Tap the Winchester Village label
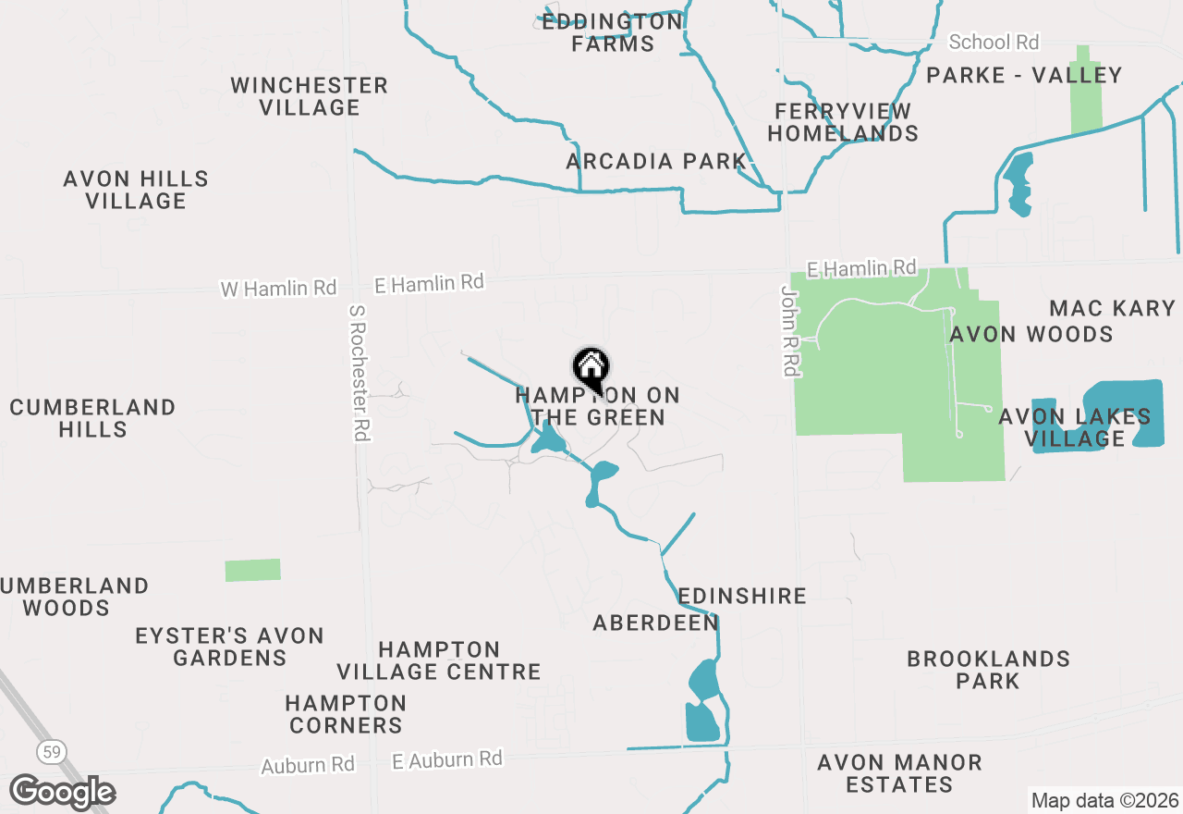coord(309,96)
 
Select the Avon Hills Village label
coord(136,190)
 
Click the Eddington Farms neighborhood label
coord(612,32)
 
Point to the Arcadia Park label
coord(656,162)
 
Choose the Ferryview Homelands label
coord(843,122)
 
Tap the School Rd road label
coord(994,43)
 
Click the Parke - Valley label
coord(1024,76)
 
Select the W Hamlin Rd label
coord(278,289)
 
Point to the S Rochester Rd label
coord(360,373)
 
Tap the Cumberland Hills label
coord(92,418)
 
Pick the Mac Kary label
coord(1112,308)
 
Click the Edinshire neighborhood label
coord(742,596)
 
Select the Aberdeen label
coord(655,623)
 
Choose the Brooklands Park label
coord(988,670)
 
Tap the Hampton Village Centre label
coord(439,660)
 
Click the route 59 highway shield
coord(52,752)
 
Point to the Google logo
coord(62,792)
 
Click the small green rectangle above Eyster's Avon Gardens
coord(252,570)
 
